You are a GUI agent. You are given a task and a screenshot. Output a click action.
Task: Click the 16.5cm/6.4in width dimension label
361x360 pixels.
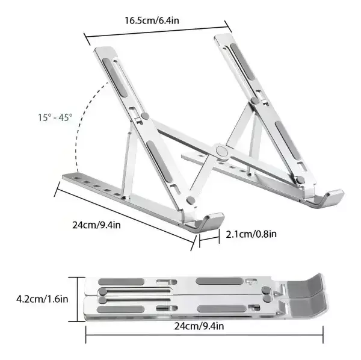pos(152,20)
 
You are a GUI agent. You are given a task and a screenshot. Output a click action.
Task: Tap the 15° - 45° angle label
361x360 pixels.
pos(55,118)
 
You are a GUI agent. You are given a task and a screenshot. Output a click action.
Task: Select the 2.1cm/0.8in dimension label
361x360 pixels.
pos(251,234)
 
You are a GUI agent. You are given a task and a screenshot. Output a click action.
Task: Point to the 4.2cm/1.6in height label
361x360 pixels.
pos(42,299)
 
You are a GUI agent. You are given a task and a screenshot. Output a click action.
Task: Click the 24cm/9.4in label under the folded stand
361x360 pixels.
pos(199,326)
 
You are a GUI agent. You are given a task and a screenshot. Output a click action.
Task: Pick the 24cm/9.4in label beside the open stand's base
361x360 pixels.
pos(96,225)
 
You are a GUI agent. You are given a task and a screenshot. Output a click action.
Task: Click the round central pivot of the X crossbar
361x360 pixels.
pos(221,151)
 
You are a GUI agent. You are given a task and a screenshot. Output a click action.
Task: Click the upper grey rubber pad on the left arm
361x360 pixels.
pos(115,77)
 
